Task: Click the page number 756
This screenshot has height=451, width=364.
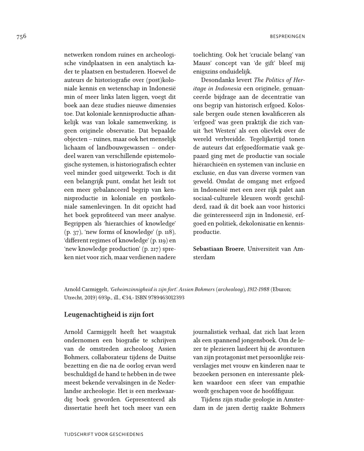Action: pos(21,37)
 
